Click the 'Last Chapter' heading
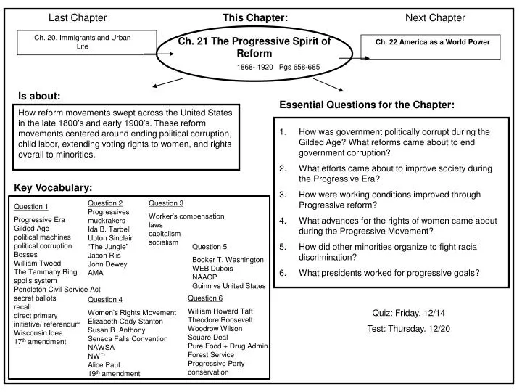click(x=78, y=17)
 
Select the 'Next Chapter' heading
click(x=435, y=17)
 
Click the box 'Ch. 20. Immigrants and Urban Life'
click(x=83, y=41)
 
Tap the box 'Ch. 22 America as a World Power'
click(x=432, y=42)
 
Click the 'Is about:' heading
click(x=39, y=96)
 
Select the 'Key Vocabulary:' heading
click(x=54, y=187)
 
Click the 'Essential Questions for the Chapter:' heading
click(x=367, y=105)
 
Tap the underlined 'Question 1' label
click(x=31, y=207)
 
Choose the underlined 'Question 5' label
click(x=210, y=247)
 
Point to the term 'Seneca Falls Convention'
click(x=128, y=338)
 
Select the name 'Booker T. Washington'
click(x=228, y=259)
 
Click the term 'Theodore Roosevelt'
click(x=220, y=319)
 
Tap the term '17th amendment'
click(x=40, y=341)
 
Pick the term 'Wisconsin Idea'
click(x=38, y=332)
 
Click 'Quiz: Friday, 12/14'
click(x=408, y=314)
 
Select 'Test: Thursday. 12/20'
click(x=408, y=329)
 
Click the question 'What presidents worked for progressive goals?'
click(x=389, y=273)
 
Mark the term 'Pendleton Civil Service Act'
click(x=57, y=289)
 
